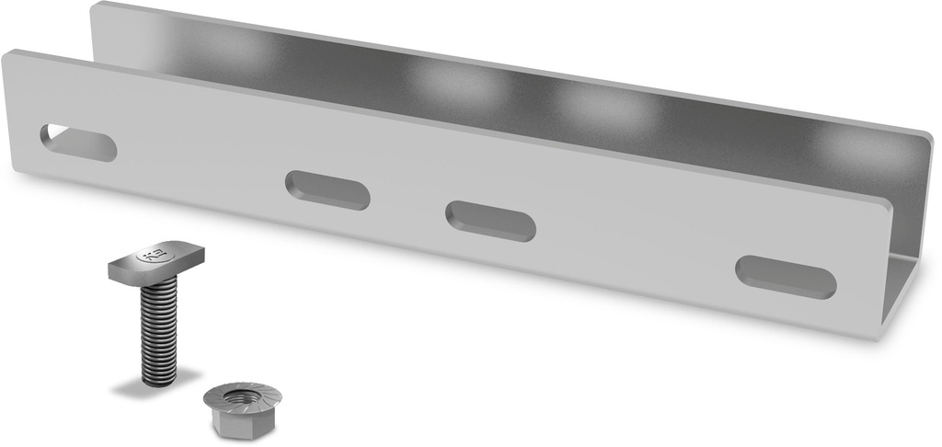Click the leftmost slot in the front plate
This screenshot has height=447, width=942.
[x=78, y=143]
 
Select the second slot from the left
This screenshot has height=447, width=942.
[x=327, y=189]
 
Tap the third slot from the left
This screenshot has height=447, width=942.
[x=490, y=221]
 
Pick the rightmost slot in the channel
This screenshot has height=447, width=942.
[x=786, y=277]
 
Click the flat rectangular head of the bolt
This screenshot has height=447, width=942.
[x=155, y=263]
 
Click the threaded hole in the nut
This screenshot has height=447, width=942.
[x=243, y=396]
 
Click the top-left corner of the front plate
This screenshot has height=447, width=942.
[x=7, y=56]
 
